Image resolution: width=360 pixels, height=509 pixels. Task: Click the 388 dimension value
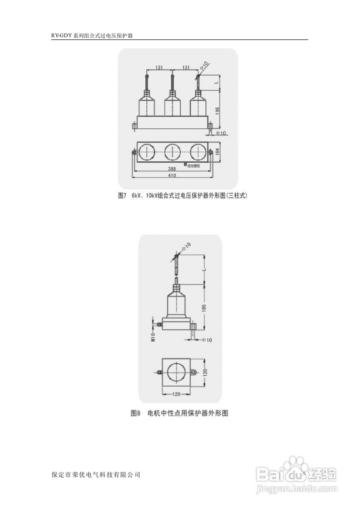(x=172, y=169)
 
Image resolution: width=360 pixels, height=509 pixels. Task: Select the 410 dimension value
(x=172, y=175)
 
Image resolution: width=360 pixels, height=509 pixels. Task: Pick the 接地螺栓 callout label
(x=194, y=165)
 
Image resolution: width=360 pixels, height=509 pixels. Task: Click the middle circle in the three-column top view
(x=173, y=152)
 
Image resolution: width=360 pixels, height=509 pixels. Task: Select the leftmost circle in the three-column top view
(x=147, y=152)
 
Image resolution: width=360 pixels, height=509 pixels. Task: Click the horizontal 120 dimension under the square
(x=177, y=394)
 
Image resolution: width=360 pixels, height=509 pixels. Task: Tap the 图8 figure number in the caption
(x=136, y=413)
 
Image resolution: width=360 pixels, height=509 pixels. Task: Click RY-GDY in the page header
(x=61, y=35)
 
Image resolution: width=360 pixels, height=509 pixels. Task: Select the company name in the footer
(x=96, y=475)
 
